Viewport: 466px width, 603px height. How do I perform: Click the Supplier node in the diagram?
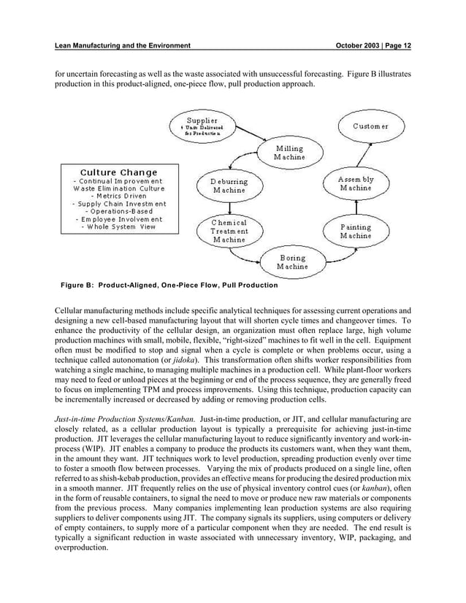click(x=201, y=126)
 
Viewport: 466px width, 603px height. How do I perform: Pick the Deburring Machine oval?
click(x=230, y=185)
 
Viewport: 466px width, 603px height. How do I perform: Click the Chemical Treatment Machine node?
click(x=229, y=231)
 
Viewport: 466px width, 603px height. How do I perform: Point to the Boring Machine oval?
click(x=292, y=263)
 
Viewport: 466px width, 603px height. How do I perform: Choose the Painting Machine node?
click(x=356, y=231)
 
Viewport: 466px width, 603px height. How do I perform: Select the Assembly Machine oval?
click(x=356, y=183)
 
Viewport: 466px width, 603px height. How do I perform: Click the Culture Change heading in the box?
click(x=118, y=172)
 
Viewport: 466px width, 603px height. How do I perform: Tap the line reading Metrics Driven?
click(x=118, y=196)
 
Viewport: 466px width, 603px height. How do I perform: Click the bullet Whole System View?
click(x=118, y=227)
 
